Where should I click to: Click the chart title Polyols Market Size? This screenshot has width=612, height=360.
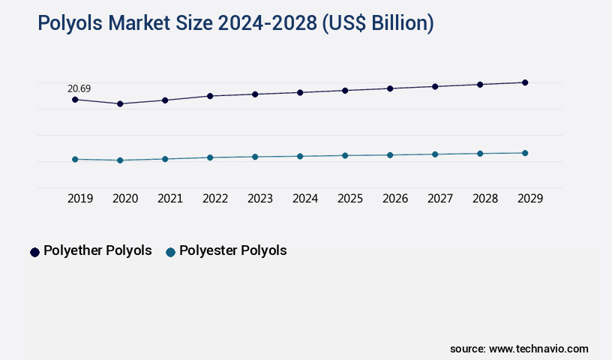pos(235,23)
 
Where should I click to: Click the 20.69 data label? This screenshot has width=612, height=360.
pos(79,88)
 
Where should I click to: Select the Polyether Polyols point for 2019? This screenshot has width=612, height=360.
pos(75,99)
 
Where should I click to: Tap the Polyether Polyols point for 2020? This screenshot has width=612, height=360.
pos(120,103)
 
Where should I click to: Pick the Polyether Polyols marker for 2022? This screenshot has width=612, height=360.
pos(210,96)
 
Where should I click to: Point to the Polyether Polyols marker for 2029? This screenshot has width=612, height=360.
pos(525,82)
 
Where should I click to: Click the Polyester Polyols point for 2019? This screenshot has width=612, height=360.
pos(75,159)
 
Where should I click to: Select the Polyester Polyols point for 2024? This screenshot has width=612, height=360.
pos(300,156)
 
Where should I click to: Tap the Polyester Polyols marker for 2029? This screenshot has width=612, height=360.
pos(525,153)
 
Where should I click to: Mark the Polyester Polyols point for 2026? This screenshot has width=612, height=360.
pos(390,154)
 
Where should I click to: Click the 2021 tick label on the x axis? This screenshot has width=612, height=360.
pos(170,199)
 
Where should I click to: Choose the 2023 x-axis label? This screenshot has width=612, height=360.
pos(260,199)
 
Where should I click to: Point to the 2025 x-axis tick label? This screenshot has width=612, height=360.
pos(350,199)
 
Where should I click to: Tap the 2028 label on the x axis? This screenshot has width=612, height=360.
pos(485,199)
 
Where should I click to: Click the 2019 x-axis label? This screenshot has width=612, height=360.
pos(80,199)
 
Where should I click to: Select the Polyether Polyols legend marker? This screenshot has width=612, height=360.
pos(34,252)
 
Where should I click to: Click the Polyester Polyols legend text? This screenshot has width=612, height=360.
pos(233,250)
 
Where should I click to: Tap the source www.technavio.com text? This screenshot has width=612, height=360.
pos(519,349)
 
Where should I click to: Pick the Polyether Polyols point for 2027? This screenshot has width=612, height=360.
pos(435,86)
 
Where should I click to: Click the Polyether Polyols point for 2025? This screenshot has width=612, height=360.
pos(345,90)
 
